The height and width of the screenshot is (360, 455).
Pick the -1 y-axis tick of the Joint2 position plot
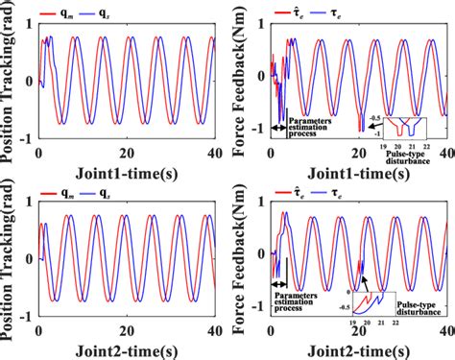pos(27,318)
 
